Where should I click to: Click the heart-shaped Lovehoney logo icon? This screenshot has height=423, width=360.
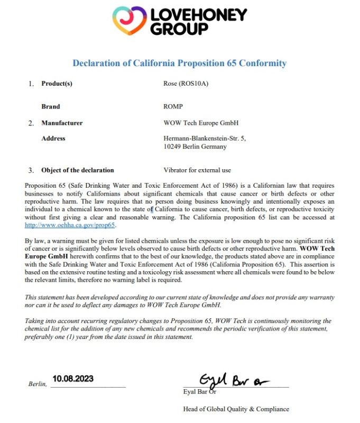[x=130, y=21]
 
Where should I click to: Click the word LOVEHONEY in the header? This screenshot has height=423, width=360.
[x=198, y=14]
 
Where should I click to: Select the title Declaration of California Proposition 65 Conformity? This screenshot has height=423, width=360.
[x=180, y=63]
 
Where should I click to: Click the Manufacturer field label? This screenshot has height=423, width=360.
[x=62, y=123]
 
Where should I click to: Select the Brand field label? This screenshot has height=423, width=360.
[x=51, y=106]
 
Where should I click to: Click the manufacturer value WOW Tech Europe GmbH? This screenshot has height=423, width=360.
[x=201, y=123]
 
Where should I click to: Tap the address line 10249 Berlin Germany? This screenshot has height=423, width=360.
[x=195, y=146]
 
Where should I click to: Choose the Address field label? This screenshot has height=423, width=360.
[x=53, y=139]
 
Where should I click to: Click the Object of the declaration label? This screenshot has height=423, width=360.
[x=78, y=170]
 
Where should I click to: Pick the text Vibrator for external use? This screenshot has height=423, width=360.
[x=197, y=170]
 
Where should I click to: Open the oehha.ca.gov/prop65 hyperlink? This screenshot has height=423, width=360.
[x=70, y=225]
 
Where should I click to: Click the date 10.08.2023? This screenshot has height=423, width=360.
[x=73, y=379]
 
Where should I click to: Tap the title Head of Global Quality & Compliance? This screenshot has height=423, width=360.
[x=236, y=409]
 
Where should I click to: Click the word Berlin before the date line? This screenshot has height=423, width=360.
[x=37, y=384]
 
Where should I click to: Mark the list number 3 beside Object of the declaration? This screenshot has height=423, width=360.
[x=31, y=170]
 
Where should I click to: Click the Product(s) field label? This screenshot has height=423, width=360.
[x=57, y=84]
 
